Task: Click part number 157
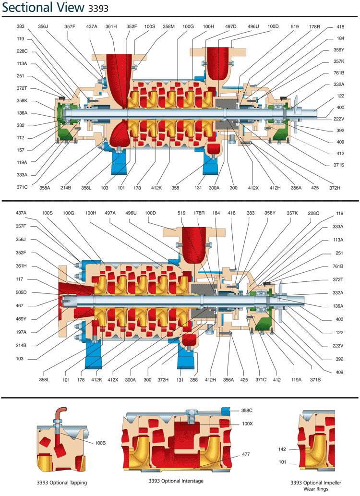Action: click(x=21, y=150)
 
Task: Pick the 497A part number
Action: click(x=110, y=213)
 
